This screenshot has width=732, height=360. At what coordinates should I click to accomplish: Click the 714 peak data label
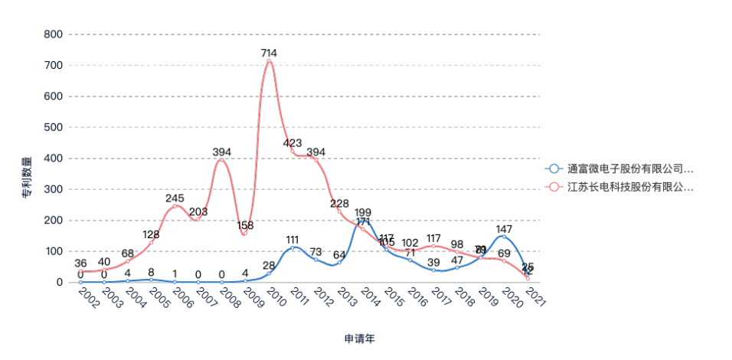(x=269, y=53)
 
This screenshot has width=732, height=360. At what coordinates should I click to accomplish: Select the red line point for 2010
(x=269, y=61)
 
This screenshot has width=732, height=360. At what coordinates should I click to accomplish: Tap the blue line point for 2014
(x=363, y=221)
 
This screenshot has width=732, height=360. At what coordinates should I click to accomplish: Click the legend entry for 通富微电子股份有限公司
(x=620, y=169)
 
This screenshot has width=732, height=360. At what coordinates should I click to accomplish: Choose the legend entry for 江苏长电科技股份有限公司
(x=620, y=186)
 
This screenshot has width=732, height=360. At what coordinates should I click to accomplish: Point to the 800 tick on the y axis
(x=53, y=34)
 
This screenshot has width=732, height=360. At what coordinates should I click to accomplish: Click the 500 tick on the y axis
(x=53, y=127)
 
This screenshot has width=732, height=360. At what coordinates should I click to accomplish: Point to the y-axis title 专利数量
(x=26, y=178)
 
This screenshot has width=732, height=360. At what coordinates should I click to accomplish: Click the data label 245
(x=175, y=198)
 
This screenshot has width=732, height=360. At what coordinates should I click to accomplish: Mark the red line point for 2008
(x=222, y=159)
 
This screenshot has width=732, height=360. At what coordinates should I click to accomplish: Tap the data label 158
(x=245, y=225)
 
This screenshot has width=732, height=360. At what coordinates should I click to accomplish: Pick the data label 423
(x=292, y=143)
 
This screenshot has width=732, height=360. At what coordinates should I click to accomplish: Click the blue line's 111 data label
(x=292, y=240)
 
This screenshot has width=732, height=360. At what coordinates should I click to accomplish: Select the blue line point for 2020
(x=504, y=237)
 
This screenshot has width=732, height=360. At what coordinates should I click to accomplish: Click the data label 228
(x=339, y=204)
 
